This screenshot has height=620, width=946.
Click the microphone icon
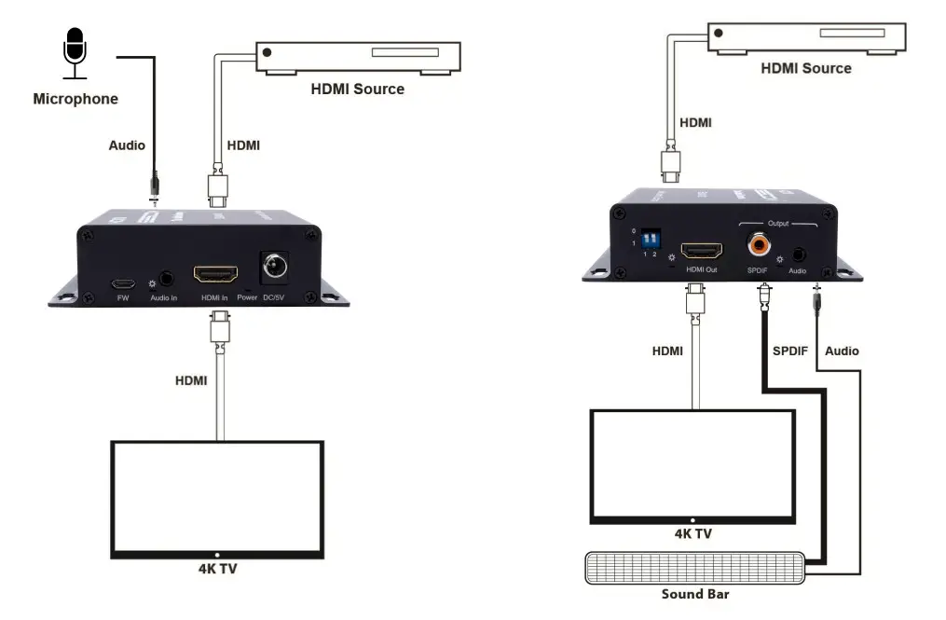75,51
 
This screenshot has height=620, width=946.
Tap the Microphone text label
75,98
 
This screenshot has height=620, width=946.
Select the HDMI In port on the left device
215,274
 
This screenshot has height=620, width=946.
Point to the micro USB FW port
122,283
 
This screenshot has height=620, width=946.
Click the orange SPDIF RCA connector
758,246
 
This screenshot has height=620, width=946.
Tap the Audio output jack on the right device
798,253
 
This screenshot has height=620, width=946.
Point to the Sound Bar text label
694,594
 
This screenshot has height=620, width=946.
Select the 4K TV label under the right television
692,534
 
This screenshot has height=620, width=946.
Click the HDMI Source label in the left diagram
358,90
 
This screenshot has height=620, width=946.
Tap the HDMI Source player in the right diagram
805,37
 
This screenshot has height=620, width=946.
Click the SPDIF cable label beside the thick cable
791,351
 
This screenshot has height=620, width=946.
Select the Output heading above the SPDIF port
777,224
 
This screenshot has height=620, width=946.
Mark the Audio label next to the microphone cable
127,145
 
